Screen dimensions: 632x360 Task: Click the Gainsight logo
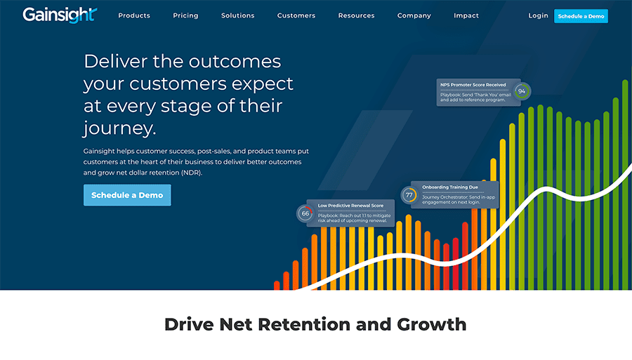[60, 15]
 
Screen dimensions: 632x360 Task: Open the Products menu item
[134, 15]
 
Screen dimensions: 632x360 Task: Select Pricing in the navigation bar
[185, 15]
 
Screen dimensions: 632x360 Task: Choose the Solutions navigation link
[238, 15]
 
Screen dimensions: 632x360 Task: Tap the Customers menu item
[296, 15]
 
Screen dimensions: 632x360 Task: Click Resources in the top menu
[356, 15]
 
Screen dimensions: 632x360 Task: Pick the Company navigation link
[414, 15]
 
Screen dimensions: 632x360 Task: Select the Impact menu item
[466, 15]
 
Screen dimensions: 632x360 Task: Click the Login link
[538, 15]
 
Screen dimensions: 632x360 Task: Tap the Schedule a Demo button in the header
[581, 16]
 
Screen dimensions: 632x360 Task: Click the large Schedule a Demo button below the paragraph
[127, 195]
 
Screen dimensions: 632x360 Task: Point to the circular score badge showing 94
[522, 91]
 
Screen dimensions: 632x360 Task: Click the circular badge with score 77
[409, 195]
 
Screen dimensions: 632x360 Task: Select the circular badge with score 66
[305, 213]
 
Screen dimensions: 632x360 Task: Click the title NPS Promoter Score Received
[473, 85]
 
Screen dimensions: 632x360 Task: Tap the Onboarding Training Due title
[450, 187]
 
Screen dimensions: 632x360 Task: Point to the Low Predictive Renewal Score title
[350, 206]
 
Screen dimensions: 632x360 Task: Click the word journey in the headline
[119, 128]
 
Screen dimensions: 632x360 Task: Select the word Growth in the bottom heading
[432, 325]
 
